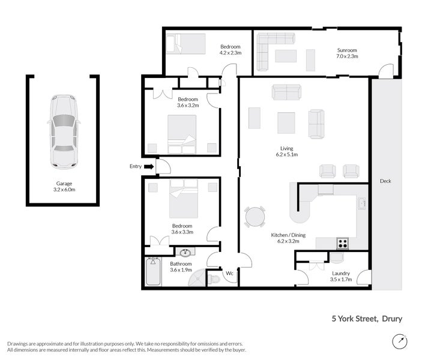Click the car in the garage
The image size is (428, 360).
coord(64,131)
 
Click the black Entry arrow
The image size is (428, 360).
coord(148,167)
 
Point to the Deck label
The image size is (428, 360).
coord(386,181)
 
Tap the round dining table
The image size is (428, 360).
coord(255,217)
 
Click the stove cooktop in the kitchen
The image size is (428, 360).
coord(343,243)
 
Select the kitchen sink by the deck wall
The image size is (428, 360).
coord(362,205)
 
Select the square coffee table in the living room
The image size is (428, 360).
coord(286,123)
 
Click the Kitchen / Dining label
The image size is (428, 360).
coord(288,239)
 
